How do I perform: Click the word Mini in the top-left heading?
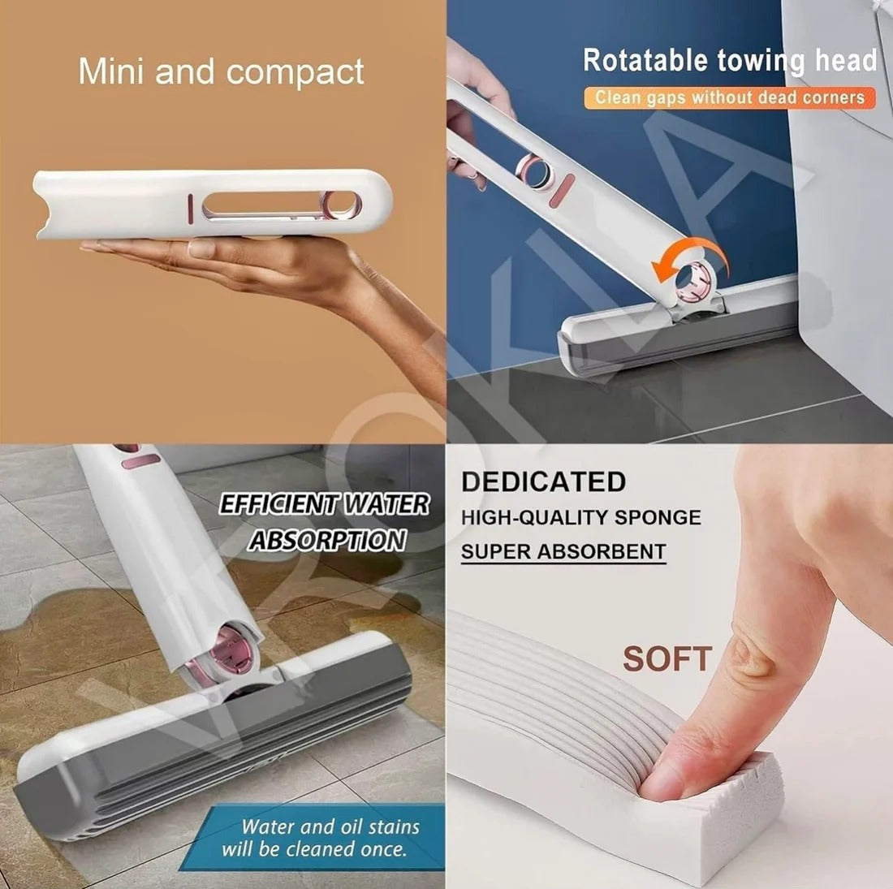click(x=111, y=71)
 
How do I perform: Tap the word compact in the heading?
click(x=296, y=73)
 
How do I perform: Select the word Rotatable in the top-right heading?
click(x=646, y=60)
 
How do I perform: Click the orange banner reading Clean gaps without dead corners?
click(x=729, y=97)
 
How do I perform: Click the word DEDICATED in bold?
click(x=543, y=481)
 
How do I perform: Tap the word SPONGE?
click(x=658, y=517)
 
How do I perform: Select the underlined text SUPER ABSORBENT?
click(x=563, y=552)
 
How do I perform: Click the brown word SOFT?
click(x=667, y=659)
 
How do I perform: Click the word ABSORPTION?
click(x=326, y=540)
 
